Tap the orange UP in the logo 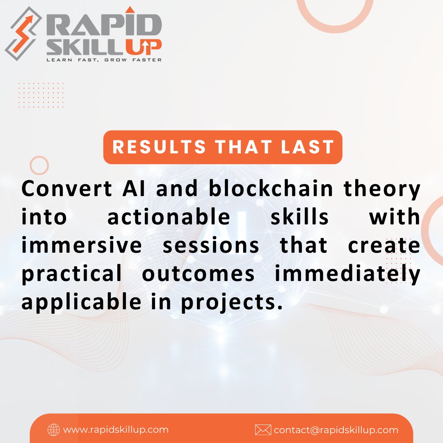point(144,47)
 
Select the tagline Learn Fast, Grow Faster point(104,60)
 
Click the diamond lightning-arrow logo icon point(23,33)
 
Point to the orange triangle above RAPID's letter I point(130,9)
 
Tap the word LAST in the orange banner point(308,147)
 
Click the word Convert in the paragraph point(67,189)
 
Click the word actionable point(169,217)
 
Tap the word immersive point(82,245)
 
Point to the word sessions point(211,246)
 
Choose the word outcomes point(198,274)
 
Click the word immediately point(348,274)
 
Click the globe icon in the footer point(54,430)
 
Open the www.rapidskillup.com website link point(116,430)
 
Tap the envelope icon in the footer point(263,430)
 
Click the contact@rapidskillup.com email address point(336,430)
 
